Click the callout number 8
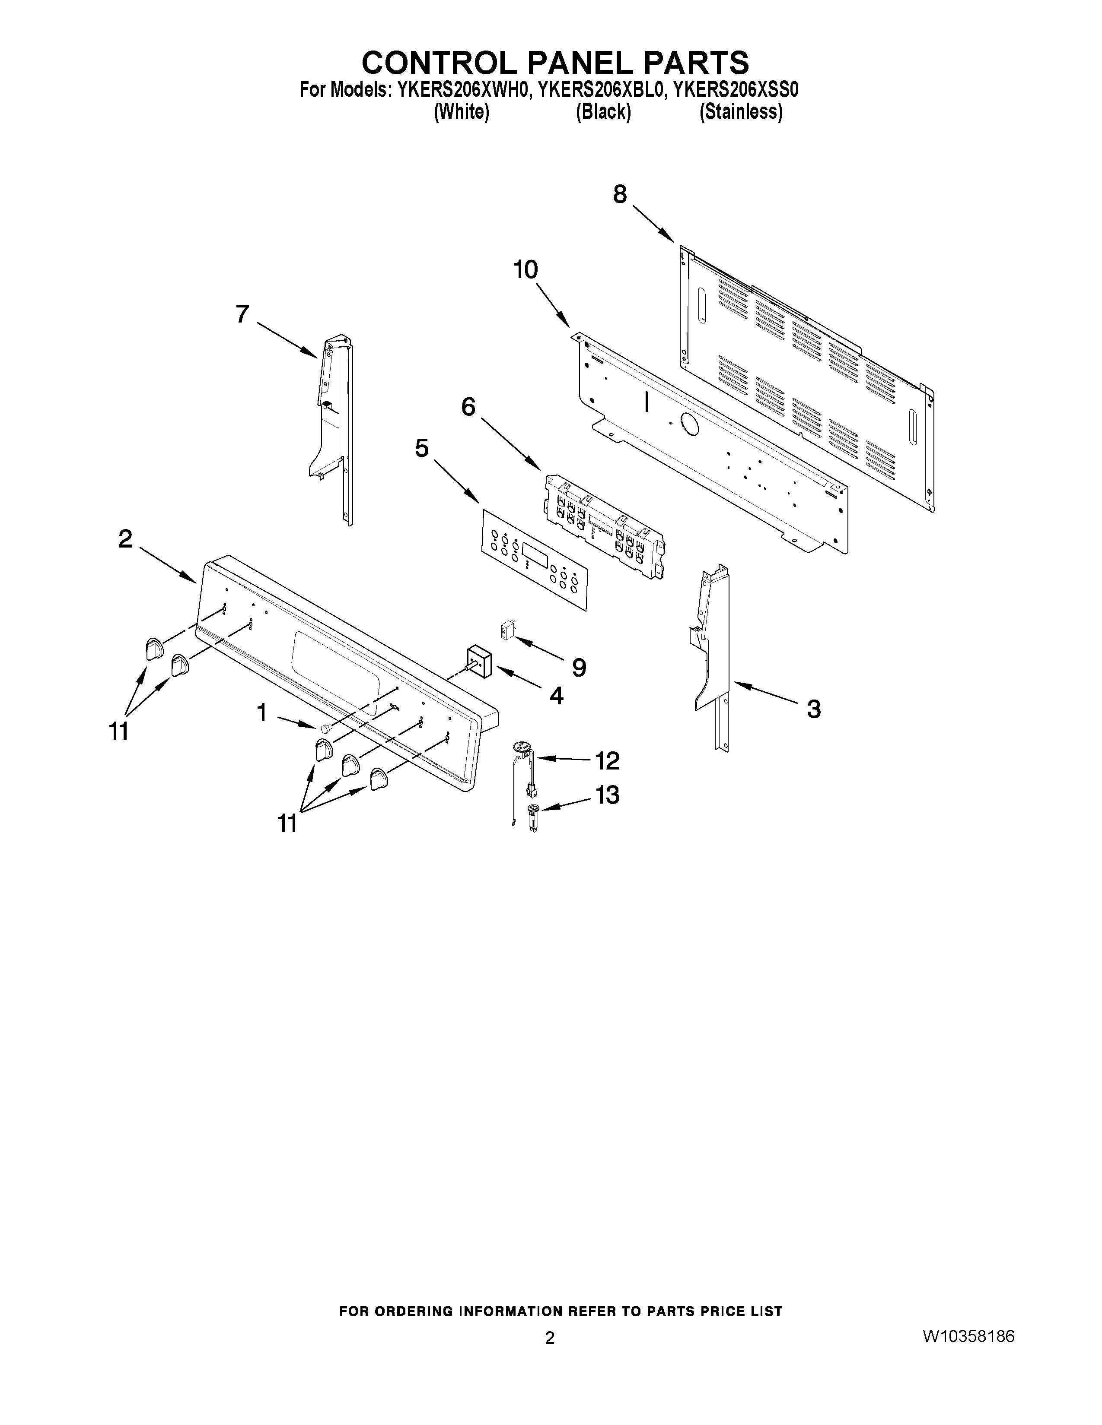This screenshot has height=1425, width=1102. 620,194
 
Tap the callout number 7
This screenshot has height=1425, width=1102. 243,314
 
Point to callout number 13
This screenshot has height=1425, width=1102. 607,795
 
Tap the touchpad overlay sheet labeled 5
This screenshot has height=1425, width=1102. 534,560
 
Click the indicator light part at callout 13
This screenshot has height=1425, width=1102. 533,811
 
